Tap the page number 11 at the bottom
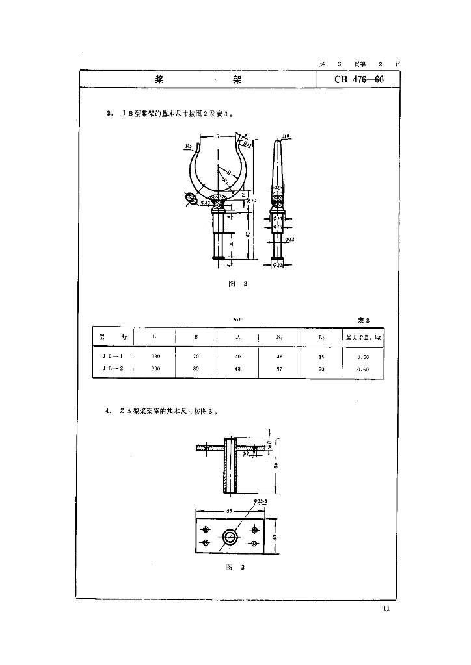pyautogui.click(x=386, y=609)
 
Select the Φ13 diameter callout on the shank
pyautogui.click(x=290, y=240)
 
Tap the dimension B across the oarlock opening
pyautogui.click(x=217, y=137)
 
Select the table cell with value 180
pyautogui.click(x=155, y=357)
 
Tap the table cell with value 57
pyautogui.click(x=280, y=368)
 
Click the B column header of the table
pyautogui.click(x=196, y=337)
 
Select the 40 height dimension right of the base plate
pyautogui.click(x=275, y=536)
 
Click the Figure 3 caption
pyautogui.click(x=234, y=567)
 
